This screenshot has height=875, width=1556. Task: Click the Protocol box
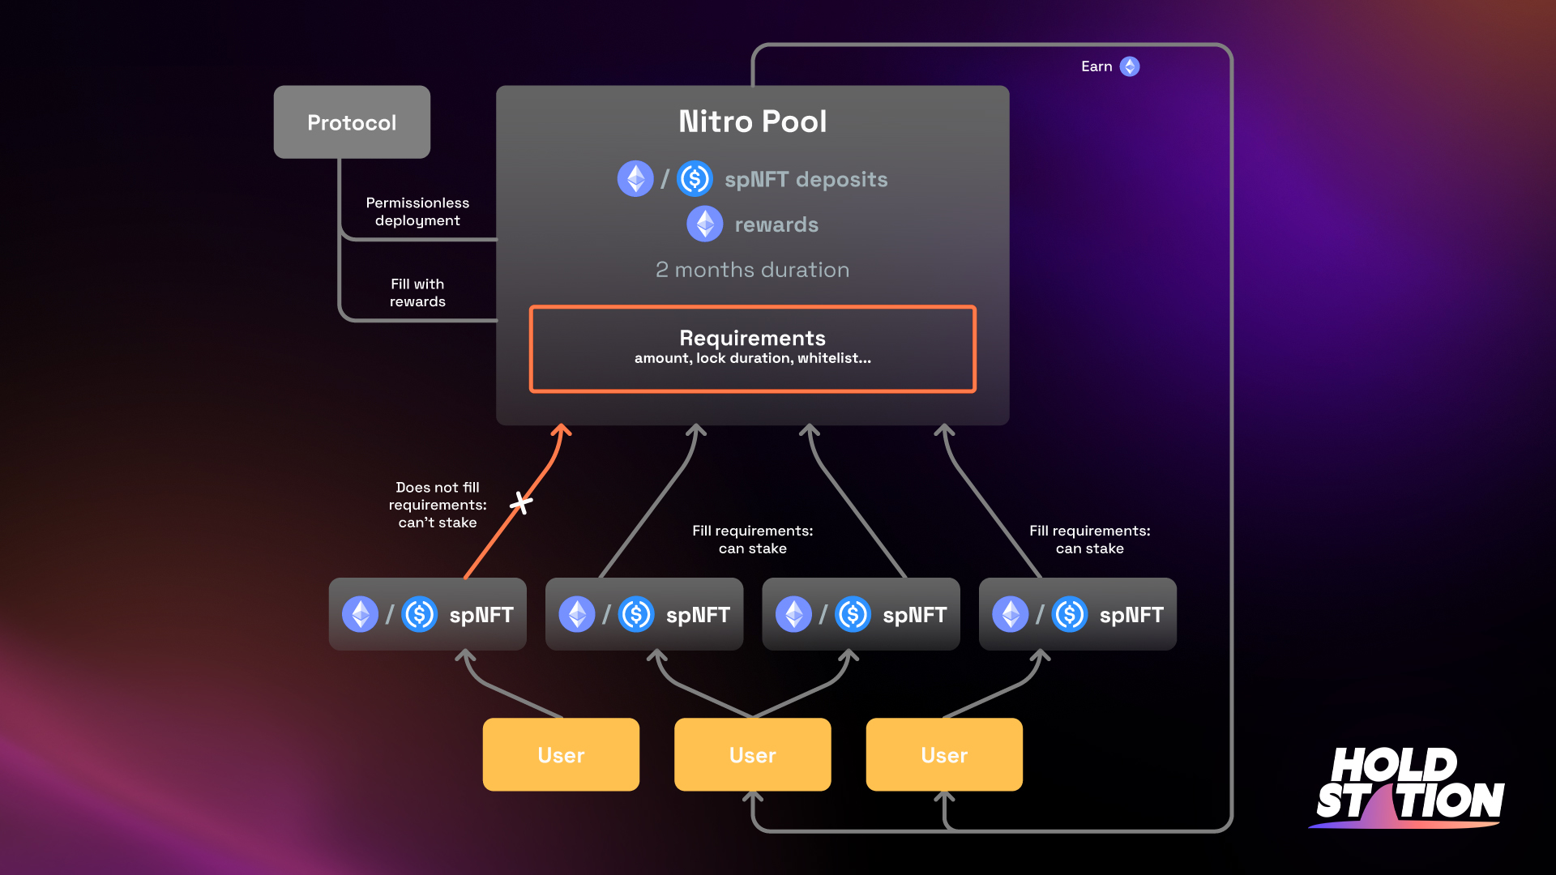coord(352,122)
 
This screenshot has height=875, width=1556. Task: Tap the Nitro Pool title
coord(752,122)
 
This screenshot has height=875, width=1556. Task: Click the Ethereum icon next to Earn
coord(1130,66)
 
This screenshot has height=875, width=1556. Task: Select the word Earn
coord(1096,66)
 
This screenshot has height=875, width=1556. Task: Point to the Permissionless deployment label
coord(417,211)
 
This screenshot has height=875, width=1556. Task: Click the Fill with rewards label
coord(417,292)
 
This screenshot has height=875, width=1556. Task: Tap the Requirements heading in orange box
coord(752,338)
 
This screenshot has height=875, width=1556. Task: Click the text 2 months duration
coord(752,270)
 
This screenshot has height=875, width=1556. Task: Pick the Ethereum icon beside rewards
coord(704,224)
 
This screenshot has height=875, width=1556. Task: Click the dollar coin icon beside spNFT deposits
coord(695,179)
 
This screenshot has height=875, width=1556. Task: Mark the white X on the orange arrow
coord(521,503)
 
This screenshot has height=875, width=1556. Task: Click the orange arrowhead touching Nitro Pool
coord(562,430)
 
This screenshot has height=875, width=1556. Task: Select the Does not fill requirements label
coord(438,505)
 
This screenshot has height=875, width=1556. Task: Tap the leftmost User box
coord(561,754)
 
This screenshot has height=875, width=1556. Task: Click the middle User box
coord(752,754)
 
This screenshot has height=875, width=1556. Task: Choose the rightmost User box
coord(944,754)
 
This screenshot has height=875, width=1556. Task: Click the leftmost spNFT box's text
coord(481,615)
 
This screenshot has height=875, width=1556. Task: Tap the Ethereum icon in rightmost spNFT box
coord(1010,614)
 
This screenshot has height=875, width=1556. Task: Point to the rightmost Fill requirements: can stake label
coord(1089,540)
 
